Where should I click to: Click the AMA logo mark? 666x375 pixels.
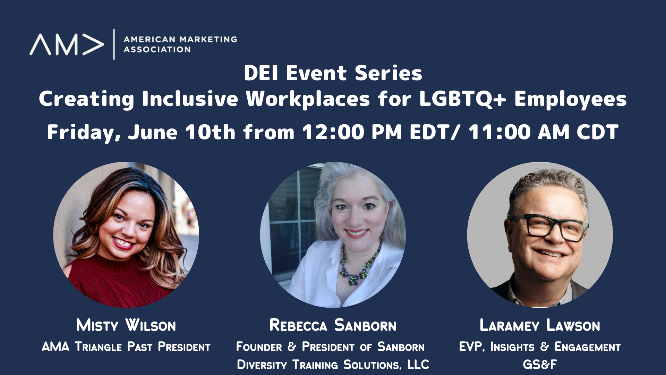(x=67, y=44)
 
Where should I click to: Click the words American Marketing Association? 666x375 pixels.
(x=180, y=44)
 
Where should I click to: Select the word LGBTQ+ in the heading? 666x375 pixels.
(x=463, y=99)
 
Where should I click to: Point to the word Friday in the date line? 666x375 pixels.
(x=84, y=132)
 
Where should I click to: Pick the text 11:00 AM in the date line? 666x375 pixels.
(x=519, y=132)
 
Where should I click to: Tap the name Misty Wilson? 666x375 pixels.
(x=126, y=325)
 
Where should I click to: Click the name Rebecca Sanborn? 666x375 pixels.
(x=333, y=325)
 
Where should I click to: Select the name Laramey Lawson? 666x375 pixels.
(x=540, y=325)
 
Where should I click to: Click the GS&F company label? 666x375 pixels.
(x=540, y=365)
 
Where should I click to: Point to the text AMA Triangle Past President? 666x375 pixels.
(x=126, y=347)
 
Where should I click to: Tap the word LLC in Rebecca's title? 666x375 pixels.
(x=418, y=365)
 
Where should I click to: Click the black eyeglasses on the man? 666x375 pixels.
(x=548, y=227)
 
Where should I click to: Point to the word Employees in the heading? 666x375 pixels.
(x=570, y=99)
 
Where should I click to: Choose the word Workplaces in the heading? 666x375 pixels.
(x=308, y=99)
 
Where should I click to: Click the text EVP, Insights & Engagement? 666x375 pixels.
(x=540, y=347)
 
